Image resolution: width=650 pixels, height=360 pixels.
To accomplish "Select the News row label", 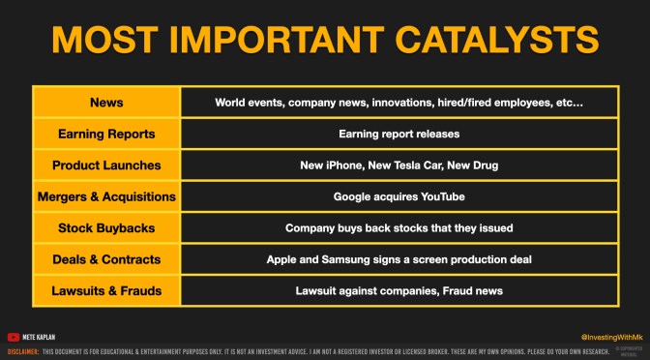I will click(106, 102).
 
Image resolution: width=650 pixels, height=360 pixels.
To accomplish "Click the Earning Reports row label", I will click(106, 134).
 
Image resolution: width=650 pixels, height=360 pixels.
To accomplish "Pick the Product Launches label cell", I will click(106, 165).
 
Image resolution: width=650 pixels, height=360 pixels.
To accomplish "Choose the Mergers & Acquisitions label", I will click(106, 196).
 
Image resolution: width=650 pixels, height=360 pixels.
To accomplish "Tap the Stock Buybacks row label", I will click(106, 228).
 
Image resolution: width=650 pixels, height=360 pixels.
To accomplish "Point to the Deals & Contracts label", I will click(106, 259).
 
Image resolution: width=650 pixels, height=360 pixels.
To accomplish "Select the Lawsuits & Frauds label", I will click(106, 290).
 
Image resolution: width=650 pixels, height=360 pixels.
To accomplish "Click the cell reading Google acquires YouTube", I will click(399, 196).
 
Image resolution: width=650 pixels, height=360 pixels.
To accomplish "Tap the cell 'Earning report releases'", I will click(399, 134).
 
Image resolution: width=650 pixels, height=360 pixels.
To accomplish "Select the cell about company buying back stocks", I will click(399, 228).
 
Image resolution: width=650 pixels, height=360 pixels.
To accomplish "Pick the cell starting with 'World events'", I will click(399, 102).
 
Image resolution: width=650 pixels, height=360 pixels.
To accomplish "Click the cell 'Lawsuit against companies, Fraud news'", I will click(399, 290).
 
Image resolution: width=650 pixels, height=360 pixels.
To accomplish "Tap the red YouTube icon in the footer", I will click(14, 337).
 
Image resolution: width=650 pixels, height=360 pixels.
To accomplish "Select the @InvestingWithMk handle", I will click(594, 336).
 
